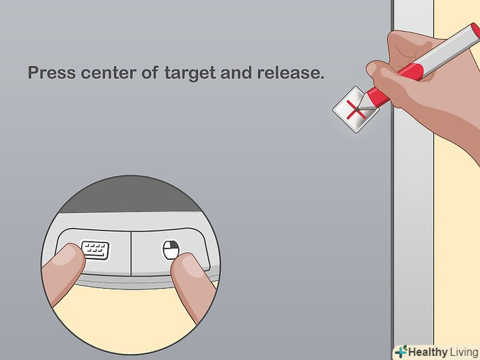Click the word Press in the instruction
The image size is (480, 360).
click(x=51, y=73)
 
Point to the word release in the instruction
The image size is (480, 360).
click(x=290, y=73)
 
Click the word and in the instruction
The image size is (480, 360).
click(x=236, y=73)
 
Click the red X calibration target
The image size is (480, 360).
click(x=356, y=109)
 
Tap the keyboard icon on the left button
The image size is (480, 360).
click(x=96, y=250)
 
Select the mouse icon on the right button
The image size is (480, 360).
click(x=171, y=250)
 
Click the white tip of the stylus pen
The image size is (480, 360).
click(x=366, y=104)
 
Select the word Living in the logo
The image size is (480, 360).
click(x=464, y=352)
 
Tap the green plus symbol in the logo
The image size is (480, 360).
click(x=401, y=351)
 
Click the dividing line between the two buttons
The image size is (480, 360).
click(x=131, y=254)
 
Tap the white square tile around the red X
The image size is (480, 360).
click(x=356, y=109)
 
